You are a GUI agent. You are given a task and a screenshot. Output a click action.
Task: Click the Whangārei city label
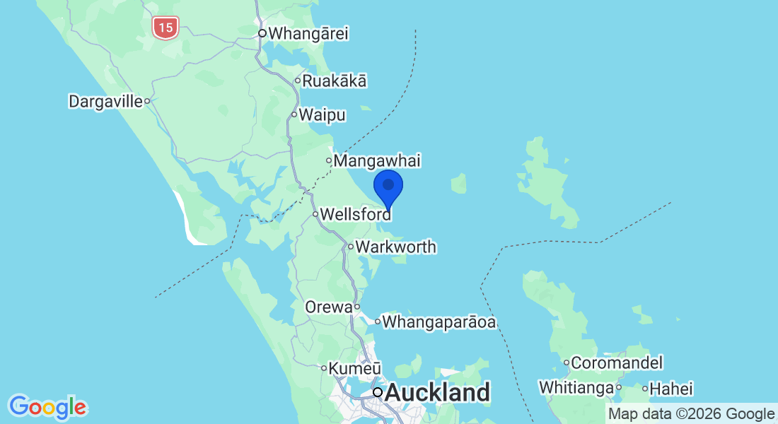tap(308, 33)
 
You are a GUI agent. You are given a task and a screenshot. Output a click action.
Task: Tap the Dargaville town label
tap(105, 101)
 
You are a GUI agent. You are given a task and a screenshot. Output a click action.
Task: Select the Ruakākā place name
tap(335, 81)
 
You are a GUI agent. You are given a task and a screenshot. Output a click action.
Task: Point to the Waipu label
tap(322, 114)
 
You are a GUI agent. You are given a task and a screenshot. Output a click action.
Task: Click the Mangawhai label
tap(377, 161)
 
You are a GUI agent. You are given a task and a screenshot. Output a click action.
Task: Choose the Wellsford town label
tap(356, 213)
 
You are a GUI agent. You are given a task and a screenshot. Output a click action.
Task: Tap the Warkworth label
tap(396, 247)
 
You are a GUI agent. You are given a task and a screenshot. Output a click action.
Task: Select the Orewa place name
tap(328, 307)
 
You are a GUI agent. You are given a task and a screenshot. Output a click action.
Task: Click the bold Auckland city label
tap(437, 392)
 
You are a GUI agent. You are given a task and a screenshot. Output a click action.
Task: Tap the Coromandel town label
tap(617, 363)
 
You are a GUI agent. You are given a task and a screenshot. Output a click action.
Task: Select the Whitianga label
tap(576, 388)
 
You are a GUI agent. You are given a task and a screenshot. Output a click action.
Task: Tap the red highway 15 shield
tap(165, 28)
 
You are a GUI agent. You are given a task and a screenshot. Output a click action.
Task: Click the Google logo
tap(47, 407)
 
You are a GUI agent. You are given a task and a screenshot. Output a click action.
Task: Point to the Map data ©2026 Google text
tap(692, 414)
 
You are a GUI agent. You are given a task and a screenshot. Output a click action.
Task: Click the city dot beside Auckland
tap(378, 392)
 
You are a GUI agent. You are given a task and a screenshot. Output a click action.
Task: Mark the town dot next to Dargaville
tap(147, 101)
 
